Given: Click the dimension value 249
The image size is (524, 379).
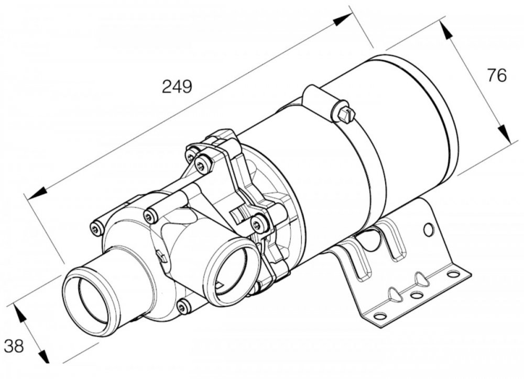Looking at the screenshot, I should (x=177, y=86).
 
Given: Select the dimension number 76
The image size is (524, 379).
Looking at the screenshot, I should (x=497, y=75).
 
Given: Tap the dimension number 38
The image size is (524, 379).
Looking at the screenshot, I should (x=14, y=346).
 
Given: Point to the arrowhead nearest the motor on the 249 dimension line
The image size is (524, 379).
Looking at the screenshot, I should (x=343, y=20).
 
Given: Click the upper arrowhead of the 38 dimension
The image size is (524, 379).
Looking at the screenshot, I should (x=20, y=313).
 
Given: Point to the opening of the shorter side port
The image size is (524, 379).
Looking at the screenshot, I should (x=231, y=269).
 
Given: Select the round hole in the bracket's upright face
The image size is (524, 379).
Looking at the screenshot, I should (x=429, y=229).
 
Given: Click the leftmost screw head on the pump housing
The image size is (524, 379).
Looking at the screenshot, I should (x=95, y=228).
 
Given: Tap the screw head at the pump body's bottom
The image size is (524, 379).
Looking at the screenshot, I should (x=183, y=307).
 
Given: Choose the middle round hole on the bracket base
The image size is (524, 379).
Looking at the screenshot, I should (x=417, y=295).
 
